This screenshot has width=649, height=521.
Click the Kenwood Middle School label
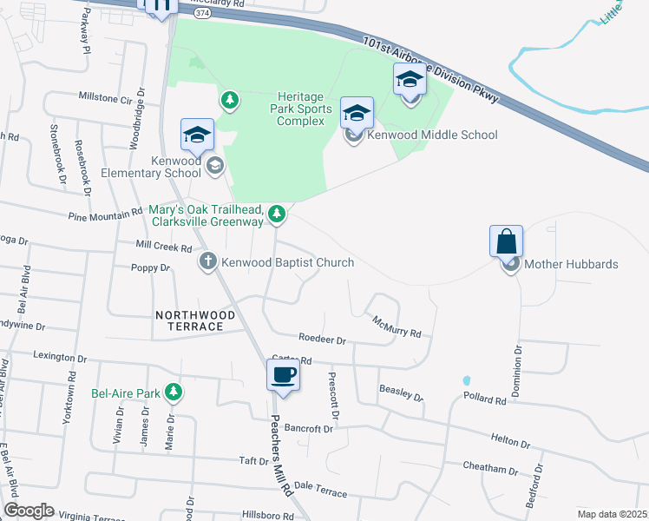point(432,135)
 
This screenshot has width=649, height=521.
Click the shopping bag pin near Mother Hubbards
point(506,241)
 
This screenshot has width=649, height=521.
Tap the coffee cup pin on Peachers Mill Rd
point(284,376)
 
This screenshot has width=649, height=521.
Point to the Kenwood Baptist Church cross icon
point(207,261)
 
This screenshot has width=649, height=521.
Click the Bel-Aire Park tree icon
point(174,392)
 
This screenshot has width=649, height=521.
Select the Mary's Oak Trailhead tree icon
point(276,213)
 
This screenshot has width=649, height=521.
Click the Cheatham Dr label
point(490,469)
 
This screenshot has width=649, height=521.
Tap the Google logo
point(28,510)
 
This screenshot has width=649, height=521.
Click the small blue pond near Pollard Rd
point(467,380)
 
